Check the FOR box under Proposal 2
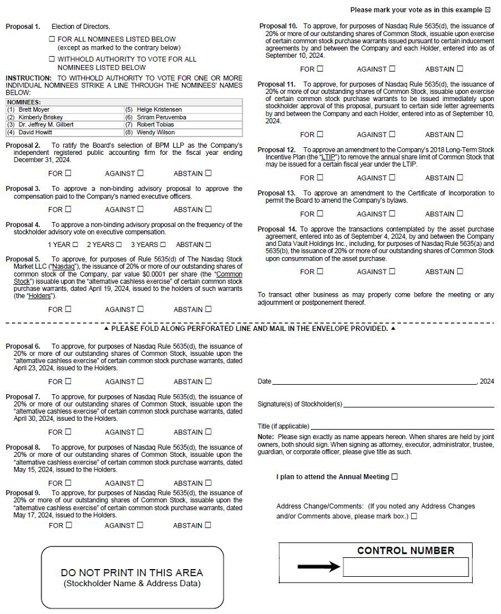(x=68, y=173)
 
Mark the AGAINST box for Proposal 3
(x=140, y=209)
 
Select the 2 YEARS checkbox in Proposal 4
(x=119, y=245)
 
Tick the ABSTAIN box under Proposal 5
(x=208, y=309)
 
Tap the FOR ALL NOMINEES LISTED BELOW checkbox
(x=52, y=39)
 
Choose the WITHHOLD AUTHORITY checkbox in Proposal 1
(x=52, y=59)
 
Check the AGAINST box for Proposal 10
(x=392, y=69)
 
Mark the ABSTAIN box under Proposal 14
(x=460, y=272)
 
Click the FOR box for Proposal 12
(x=320, y=178)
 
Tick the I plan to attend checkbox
(x=395, y=476)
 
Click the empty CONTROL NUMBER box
(x=405, y=567)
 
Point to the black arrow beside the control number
(x=318, y=567)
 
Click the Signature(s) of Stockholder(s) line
(x=418, y=406)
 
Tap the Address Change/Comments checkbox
(x=414, y=516)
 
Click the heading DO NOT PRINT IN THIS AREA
(x=132, y=573)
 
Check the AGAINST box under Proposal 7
(x=140, y=432)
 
